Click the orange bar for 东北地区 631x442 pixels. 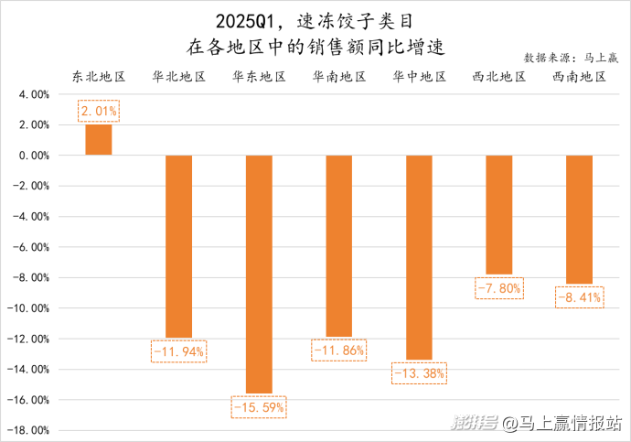click(99, 139)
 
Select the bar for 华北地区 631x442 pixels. click(178, 245)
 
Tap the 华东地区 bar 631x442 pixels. click(259, 273)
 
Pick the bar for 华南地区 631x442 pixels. click(338, 244)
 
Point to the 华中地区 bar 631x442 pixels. click(419, 256)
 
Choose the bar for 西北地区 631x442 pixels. click(498, 214)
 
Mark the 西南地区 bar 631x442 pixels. click(579, 219)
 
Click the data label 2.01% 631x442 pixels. click(99, 112)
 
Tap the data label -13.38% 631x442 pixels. click(419, 373)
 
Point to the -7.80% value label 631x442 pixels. click(498, 288)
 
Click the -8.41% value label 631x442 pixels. click(579, 296)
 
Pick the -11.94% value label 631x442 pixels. click(178, 350)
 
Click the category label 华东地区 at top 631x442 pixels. click(259, 76)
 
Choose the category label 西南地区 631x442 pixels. click(579, 76)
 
